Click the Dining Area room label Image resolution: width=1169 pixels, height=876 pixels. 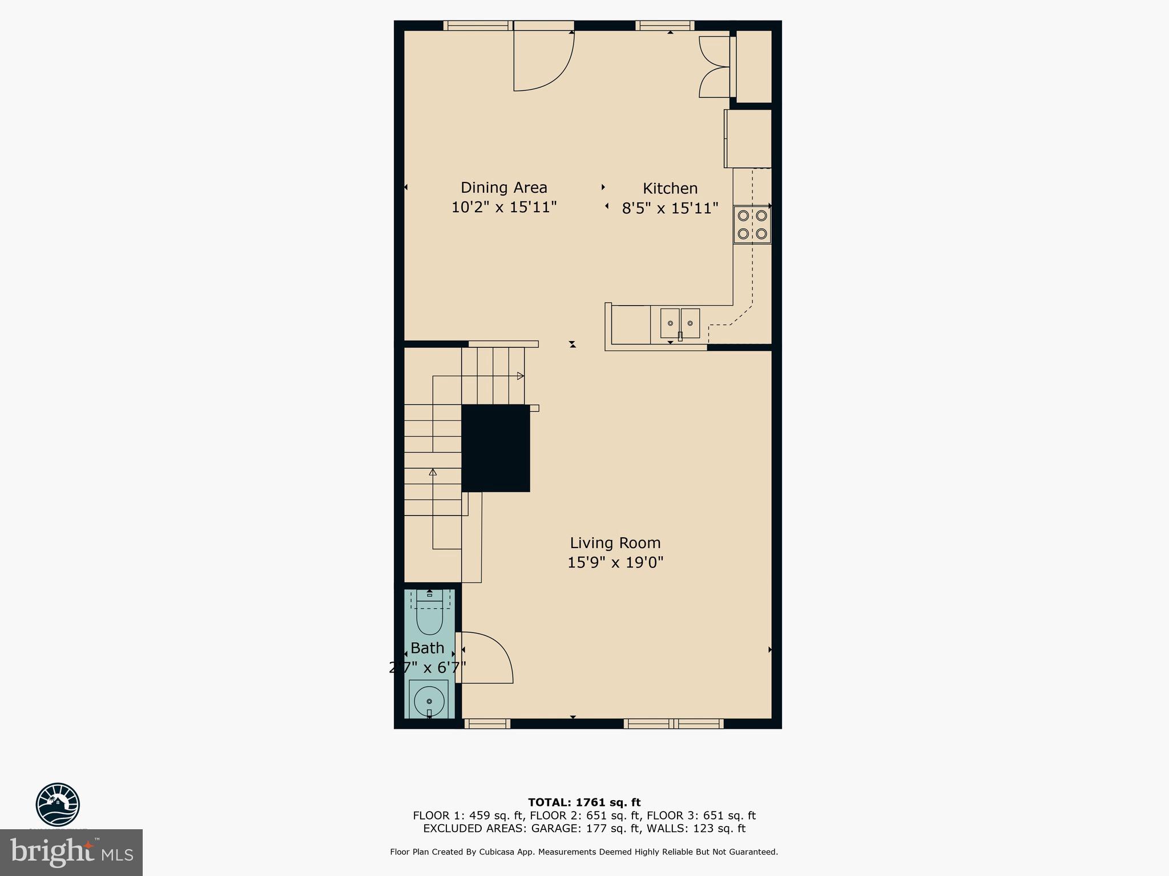coord(503,188)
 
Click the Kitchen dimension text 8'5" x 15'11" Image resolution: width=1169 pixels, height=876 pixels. coord(670,208)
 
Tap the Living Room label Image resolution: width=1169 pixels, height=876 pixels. coord(615,543)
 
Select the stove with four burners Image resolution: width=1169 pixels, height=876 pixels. coord(752,225)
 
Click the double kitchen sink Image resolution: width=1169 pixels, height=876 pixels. coord(680,323)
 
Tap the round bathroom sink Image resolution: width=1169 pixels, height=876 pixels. coord(429,701)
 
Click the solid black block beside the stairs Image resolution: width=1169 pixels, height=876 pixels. coord(495,448)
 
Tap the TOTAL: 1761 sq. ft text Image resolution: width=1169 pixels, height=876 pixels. coord(584,802)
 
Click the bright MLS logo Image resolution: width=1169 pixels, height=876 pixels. coord(71,853)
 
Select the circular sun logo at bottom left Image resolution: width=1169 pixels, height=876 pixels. coord(58,804)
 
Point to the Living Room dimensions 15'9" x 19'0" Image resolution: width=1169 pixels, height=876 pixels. coord(615,563)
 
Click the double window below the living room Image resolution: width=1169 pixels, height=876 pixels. coord(674,724)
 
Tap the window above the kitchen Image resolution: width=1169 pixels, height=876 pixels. coord(664,25)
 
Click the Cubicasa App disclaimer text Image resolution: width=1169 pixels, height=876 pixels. coord(583,852)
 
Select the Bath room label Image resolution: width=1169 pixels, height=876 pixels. coord(427,648)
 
